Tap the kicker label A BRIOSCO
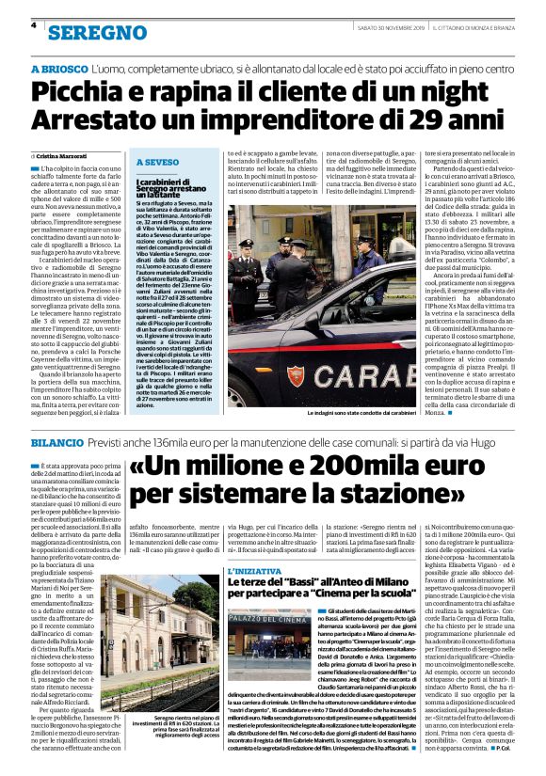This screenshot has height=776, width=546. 61,71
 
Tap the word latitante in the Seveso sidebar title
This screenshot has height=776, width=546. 169,192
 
